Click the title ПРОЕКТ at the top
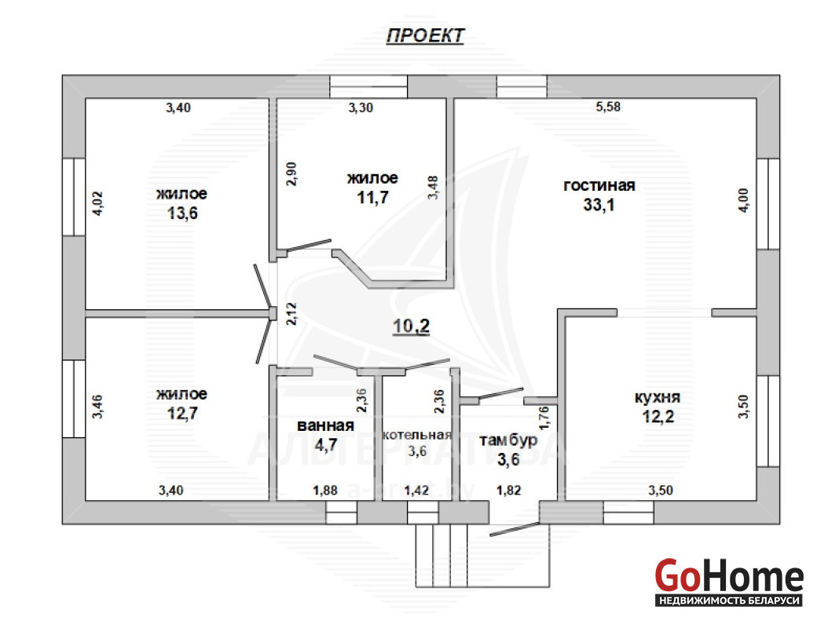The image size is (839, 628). coord(425,35)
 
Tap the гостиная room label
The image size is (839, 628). coord(599,185)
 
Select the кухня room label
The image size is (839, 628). coord(658,398)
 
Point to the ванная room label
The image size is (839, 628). coord(325,425)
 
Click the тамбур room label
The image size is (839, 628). coord(508,440)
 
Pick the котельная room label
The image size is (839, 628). coord(417,435)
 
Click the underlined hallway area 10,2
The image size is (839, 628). coord(411,326)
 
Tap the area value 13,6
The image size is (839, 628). coord(182,214)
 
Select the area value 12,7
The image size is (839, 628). coord(182,413)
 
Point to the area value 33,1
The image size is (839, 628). coord(599,205)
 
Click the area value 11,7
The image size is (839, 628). coord(373,198)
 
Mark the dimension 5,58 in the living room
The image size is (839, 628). coord(608,107)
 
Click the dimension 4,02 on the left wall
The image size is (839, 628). coord(97,203)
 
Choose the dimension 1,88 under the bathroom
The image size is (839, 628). coord(325,490)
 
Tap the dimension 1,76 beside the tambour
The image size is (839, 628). coord(544,418)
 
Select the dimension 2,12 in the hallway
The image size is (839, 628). coord(291,314)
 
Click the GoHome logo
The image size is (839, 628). coord(729,582)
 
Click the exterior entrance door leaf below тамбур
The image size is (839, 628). coord(515,529)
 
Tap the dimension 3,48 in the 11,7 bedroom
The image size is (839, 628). coord(433,188)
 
